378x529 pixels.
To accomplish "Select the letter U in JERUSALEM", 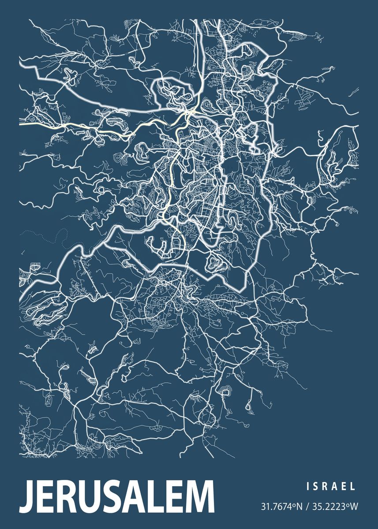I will pos(88,499).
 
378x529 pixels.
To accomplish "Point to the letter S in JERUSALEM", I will pos(110,499).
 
